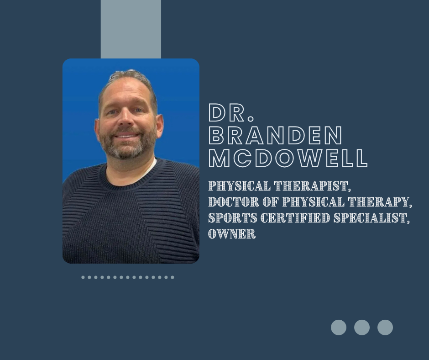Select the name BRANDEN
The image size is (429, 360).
click(x=276, y=135)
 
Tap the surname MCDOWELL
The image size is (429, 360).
click(x=288, y=158)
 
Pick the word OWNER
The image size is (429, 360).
click(x=231, y=234)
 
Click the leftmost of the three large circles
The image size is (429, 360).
click(x=339, y=328)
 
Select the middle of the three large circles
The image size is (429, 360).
click(x=362, y=328)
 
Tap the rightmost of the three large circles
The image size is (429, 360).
click(x=385, y=328)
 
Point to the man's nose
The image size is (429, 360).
click(x=126, y=121)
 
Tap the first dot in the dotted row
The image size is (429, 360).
click(x=83, y=277)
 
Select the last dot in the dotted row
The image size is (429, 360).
click(x=173, y=277)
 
